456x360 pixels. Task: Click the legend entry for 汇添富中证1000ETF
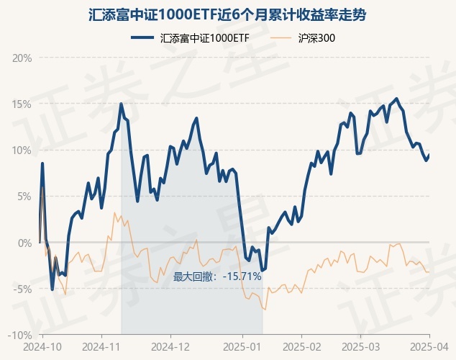[x=190, y=38]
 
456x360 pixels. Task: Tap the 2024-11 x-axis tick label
[x=102, y=346]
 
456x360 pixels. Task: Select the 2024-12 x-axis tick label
[x=171, y=346]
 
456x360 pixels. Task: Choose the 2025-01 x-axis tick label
[x=242, y=346]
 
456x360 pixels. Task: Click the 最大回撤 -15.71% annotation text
[x=218, y=276]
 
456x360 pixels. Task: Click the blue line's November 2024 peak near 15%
[x=121, y=104]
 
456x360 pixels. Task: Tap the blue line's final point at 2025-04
[x=429, y=154]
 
